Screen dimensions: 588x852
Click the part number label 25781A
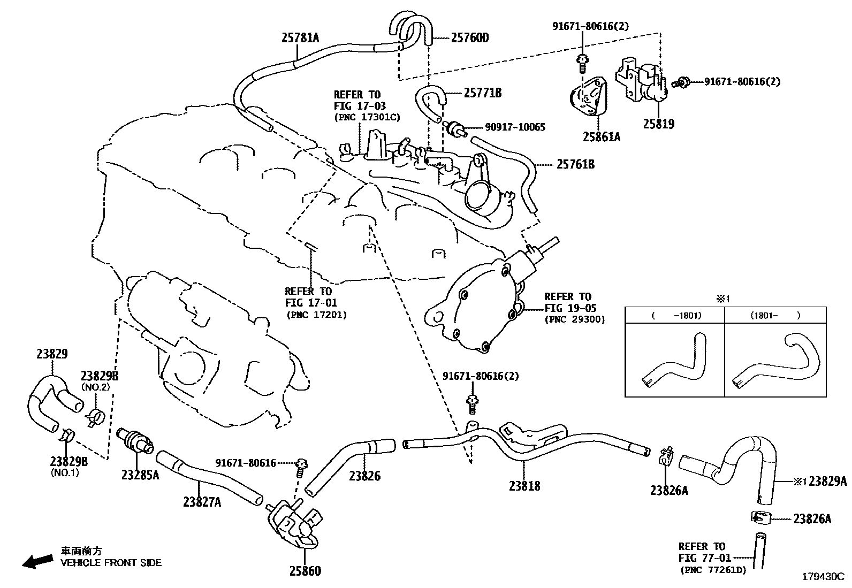tap(300, 37)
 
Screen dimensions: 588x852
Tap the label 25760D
tap(470, 37)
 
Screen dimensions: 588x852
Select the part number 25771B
tap(482, 93)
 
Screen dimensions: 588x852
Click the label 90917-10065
tap(515, 127)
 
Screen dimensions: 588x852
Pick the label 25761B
tap(575, 164)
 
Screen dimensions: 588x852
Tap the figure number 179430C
tap(823, 577)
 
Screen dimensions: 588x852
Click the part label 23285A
tap(140, 475)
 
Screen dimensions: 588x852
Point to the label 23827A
tap(202, 502)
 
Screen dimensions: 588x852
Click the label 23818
tap(524, 486)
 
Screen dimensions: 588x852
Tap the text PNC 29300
tap(574, 319)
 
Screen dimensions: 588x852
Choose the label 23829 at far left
tap(52, 354)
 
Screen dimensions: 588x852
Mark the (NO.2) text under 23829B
tap(94, 386)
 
